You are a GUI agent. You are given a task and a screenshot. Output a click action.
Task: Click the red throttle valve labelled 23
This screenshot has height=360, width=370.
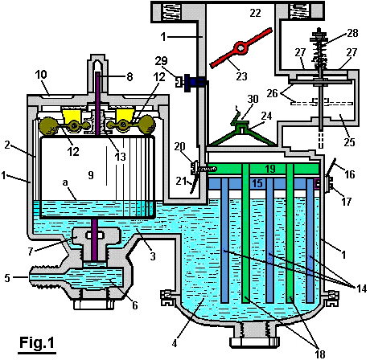(x=240, y=47)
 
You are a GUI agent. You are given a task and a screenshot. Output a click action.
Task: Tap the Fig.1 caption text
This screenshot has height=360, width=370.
(x=37, y=342)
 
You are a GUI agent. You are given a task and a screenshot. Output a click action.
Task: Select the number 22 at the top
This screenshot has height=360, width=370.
(x=255, y=13)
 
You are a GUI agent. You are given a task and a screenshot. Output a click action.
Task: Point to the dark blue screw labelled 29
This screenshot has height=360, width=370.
(x=194, y=81)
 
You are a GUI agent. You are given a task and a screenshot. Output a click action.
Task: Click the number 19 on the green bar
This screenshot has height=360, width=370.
(x=269, y=169)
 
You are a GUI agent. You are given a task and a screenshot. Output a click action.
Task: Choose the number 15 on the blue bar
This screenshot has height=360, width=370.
(x=257, y=183)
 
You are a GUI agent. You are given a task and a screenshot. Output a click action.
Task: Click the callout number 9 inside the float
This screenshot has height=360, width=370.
(x=91, y=175)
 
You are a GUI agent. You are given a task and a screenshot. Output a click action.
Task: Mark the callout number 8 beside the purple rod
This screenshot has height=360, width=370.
(x=129, y=77)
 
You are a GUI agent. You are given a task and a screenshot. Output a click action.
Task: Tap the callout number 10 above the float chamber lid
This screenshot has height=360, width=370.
(x=41, y=75)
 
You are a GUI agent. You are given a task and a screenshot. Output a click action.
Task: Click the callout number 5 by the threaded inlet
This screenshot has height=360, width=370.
(x=7, y=278)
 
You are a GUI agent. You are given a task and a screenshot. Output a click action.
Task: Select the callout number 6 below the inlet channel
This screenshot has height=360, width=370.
(x=135, y=305)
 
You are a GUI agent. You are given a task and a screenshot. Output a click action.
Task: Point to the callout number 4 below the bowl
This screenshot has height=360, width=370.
(x=175, y=343)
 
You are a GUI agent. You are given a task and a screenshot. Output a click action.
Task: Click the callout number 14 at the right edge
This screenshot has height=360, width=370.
(x=361, y=288)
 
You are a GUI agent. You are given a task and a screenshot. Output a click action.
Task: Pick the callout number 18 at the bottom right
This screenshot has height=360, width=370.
(x=319, y=354)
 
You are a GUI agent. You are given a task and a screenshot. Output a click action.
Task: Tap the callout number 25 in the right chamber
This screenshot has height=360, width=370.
(x=349, y=142)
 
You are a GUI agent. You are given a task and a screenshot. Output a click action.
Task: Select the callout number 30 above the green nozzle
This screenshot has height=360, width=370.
(x=253, y=99)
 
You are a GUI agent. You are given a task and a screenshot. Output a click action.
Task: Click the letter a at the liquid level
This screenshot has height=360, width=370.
(x=65, y=182)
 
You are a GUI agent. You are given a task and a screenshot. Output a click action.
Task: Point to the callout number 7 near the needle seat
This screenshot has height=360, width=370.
(x=31, y=251)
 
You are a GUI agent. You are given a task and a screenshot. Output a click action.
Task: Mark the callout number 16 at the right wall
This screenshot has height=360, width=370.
(x=349, y=174)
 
